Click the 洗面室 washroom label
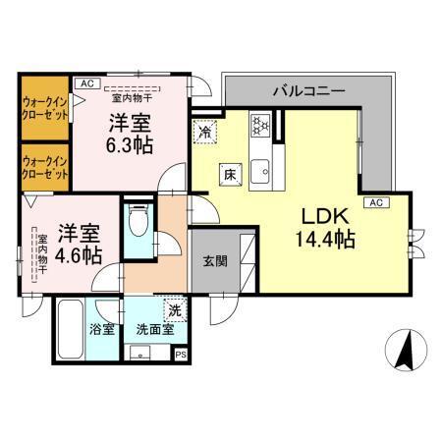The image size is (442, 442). coord(154,329)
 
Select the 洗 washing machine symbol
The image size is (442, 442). coord(174,310)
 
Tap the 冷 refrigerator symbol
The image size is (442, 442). coord(205,131)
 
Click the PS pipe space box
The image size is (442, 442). coord(179,355)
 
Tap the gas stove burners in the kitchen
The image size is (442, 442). coord(261,126)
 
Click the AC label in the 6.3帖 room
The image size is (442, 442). coord(85,84)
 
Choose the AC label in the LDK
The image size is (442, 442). coord(375,202)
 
